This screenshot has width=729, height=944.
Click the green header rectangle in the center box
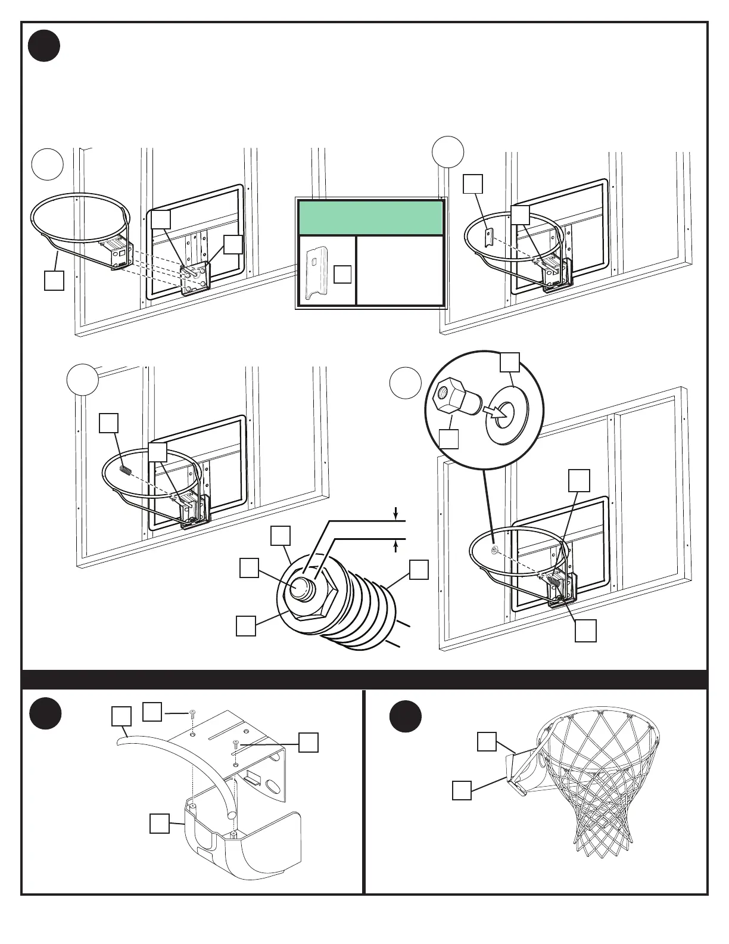coord(370,218)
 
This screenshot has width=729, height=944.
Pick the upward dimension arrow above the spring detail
coord(396,546)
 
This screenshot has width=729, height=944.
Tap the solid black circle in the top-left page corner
coord(44,46)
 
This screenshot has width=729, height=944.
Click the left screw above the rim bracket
coord(192,713)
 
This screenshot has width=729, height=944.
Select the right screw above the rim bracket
coord(236,743)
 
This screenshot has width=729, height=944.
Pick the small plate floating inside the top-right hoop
coord(487,239)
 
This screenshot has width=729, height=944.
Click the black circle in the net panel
coord(406,716)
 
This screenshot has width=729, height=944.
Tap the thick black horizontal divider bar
coord(364,679)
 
